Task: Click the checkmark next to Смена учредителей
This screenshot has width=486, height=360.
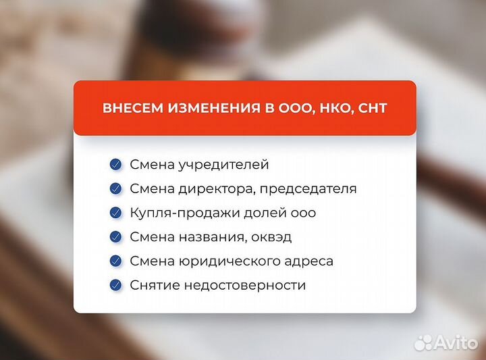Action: [x=116, y=164]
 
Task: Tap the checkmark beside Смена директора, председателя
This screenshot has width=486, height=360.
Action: [x=116, y=188]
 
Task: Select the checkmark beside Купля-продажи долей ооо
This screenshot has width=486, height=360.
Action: [x=116, y=213]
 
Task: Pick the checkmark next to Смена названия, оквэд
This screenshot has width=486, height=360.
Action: [x=116, y=237]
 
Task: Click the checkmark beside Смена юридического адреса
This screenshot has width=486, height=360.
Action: [x=116, y=261]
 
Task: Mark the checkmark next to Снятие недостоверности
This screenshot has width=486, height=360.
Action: [x=116, y=285]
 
